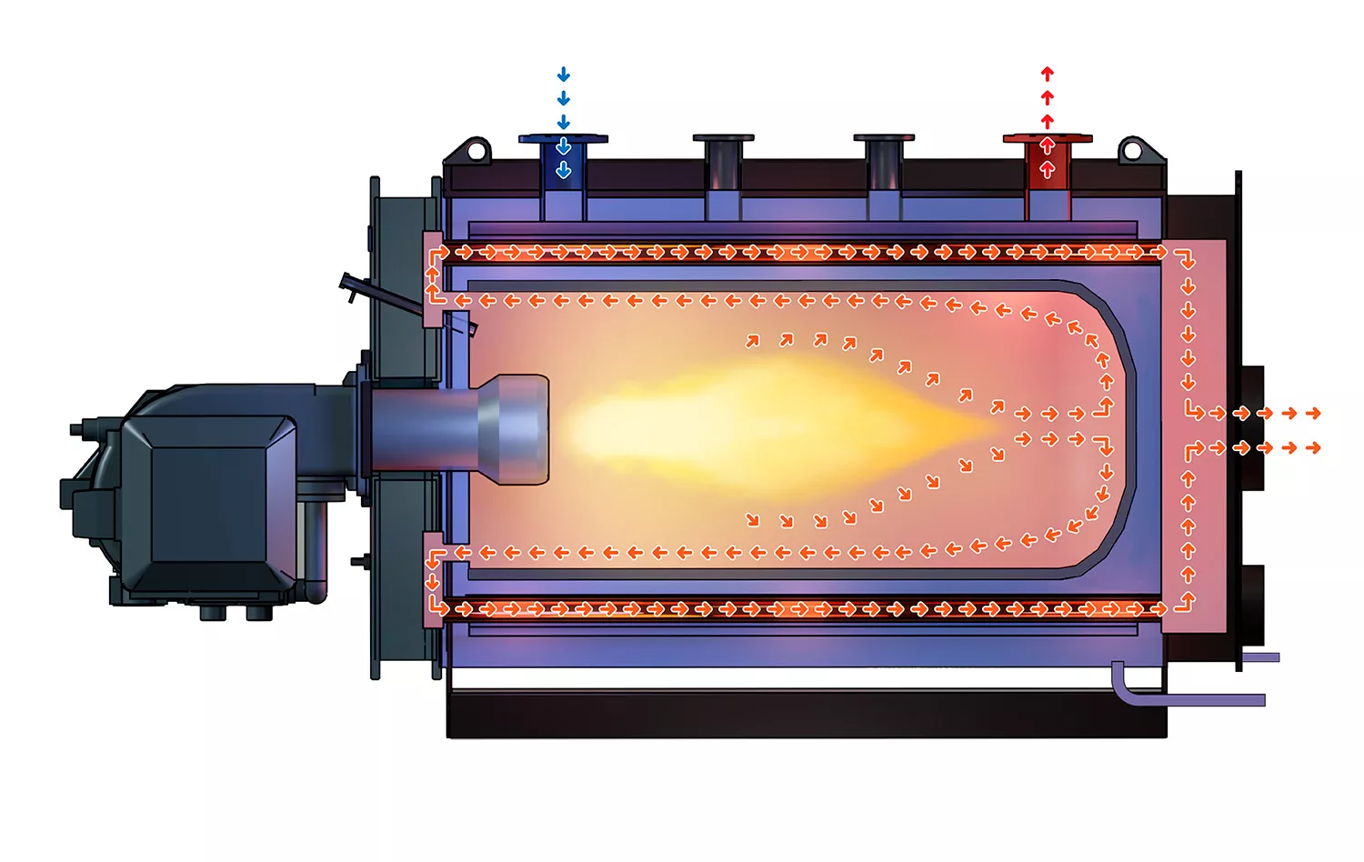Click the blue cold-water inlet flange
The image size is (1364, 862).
pyautogui.click(x=563, y=139)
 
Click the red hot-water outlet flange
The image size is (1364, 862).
pyautogui.click(x=1048, y=139)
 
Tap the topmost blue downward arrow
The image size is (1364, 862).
pyautogui.click(x=564, y=75)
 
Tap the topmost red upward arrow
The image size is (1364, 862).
pyautogui.click(x=1048, y=74)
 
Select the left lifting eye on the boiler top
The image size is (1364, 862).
pyautogui.click(x=476, y=149)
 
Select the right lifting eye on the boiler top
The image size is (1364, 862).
pyautogui.click(x=1132, y=149)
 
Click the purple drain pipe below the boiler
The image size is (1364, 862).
pyautogui.click(x=1182, y=698)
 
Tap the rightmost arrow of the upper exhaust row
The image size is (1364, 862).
pyautogui.click(x=1313, y=414)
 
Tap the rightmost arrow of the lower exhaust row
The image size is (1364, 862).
pyautogui.click(x=1313, y=448)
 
